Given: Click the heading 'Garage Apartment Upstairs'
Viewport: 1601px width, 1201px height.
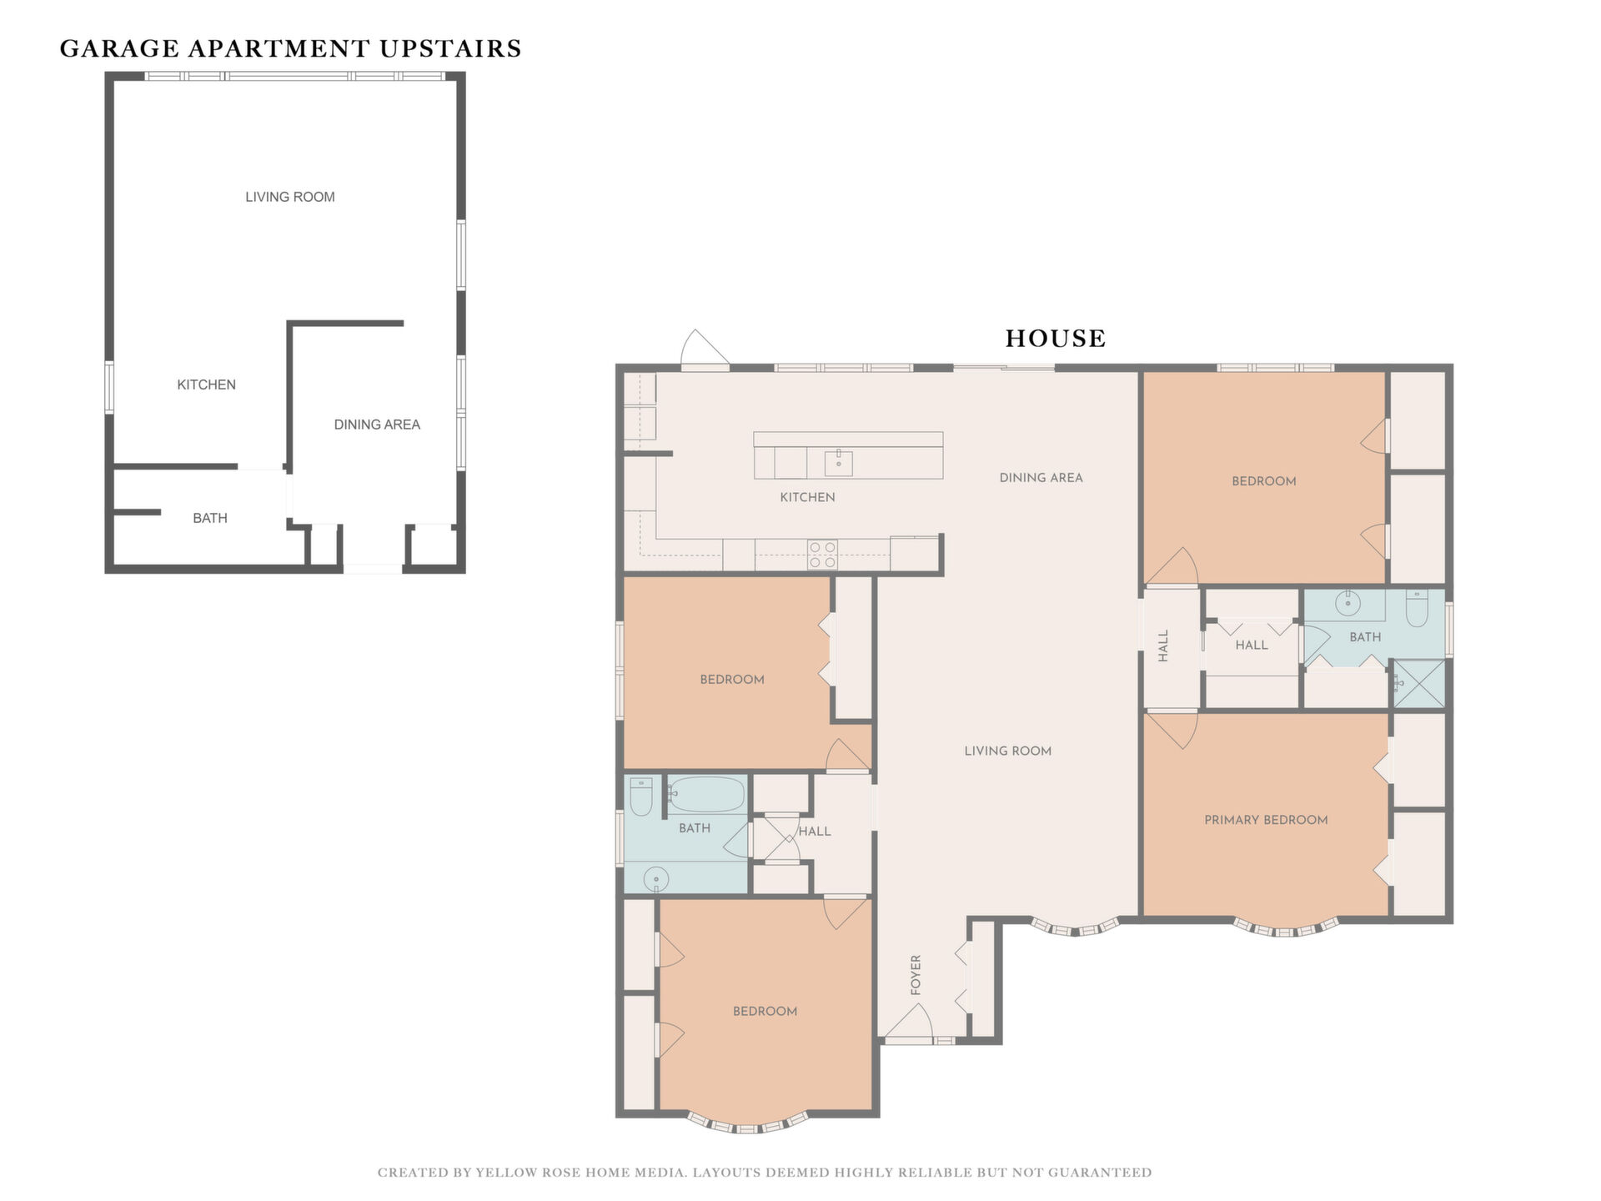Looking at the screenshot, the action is (290, 48).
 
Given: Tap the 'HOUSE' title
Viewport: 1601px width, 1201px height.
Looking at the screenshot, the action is (1055, 338).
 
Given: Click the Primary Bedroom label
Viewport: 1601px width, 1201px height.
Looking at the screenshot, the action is (1266, 820).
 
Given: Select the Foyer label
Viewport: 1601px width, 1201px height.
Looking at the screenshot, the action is (916, 975).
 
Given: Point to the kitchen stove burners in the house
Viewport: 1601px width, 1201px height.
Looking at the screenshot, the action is (822, 555).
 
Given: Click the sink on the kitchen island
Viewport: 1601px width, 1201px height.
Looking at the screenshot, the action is (838, 461).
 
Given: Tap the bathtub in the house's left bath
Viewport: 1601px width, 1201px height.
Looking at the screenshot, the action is (706, 794).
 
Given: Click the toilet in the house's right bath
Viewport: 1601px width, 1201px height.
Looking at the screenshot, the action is (1417, 608).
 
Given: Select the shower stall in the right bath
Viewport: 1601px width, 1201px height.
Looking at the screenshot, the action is (1419, 685).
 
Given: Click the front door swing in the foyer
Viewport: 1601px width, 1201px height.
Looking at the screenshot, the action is (909, 1021).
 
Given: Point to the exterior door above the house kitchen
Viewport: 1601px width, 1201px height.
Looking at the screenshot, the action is (705, 349).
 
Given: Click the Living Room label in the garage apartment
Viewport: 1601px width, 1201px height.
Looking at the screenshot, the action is (290, 197).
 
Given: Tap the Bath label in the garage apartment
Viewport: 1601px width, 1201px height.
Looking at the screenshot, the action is (210, 518).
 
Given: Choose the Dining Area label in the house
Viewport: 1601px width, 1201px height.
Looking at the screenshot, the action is (1041, 478).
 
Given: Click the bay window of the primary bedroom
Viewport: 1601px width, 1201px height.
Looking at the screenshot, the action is (1286, 927).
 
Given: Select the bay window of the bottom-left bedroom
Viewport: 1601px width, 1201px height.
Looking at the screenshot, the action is (748, 1123).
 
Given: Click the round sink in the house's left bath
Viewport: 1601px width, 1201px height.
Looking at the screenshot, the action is (657, 879).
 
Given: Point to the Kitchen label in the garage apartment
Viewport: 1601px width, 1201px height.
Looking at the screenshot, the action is (207, 384).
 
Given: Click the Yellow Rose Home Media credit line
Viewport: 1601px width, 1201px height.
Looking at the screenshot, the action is (765, 1173).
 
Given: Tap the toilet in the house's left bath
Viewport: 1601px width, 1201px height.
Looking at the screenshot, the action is (640, 796).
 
